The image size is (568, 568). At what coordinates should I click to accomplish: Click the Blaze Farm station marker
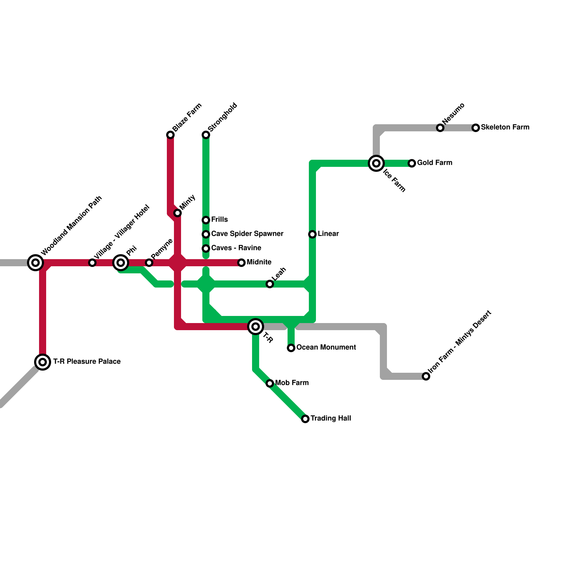point(170,135)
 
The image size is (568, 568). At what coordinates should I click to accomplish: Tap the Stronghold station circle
point(206,135)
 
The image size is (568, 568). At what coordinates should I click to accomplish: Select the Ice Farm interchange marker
point(376,163)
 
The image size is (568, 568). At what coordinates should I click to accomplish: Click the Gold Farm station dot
point(412,163)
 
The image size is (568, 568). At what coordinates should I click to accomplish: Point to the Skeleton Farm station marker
point(476,128)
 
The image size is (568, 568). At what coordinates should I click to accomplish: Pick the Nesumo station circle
point(440,128)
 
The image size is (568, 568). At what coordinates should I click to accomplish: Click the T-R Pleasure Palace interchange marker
point(43,362)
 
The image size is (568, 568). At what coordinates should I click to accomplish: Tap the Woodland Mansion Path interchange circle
point(35,263)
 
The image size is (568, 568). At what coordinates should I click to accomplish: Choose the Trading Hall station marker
point(305,419)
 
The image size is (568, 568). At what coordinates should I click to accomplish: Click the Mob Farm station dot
point(270,383)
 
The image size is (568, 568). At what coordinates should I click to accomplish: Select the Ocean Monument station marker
point(291,348)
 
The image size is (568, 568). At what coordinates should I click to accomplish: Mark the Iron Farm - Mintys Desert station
point(426,376)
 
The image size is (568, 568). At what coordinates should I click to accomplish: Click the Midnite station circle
point(241,263)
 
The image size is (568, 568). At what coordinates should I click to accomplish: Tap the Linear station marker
point(312,234)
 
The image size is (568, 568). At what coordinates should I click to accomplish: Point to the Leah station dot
point(270,284)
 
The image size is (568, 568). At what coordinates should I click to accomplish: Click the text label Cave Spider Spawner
point(247,234)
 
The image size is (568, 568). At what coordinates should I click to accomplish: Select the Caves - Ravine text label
point(236,248)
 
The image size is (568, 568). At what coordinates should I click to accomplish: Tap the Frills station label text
point(219,219)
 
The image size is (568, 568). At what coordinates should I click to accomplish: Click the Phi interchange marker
point(121,263)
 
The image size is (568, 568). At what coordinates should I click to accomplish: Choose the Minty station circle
point(177,213)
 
